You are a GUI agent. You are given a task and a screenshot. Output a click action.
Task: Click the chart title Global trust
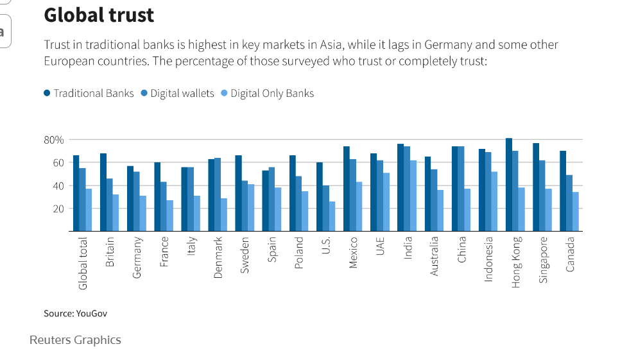99,15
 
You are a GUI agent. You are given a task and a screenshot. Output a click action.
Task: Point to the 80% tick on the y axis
54,140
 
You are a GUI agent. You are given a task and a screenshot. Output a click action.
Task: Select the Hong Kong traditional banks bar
509,185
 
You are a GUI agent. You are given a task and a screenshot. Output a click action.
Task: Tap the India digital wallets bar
407,189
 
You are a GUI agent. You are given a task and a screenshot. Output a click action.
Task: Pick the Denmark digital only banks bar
224,214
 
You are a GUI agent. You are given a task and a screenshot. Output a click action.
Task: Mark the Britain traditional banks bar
103,192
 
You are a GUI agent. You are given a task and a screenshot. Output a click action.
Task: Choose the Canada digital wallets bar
569,203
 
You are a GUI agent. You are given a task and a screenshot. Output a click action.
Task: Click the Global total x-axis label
83,263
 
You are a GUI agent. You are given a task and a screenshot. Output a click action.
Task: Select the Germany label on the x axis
137,257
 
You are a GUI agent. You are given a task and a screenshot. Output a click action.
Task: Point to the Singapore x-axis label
543,260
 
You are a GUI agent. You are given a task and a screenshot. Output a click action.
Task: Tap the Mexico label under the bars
353,253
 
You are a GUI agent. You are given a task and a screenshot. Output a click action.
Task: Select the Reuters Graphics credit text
75,340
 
